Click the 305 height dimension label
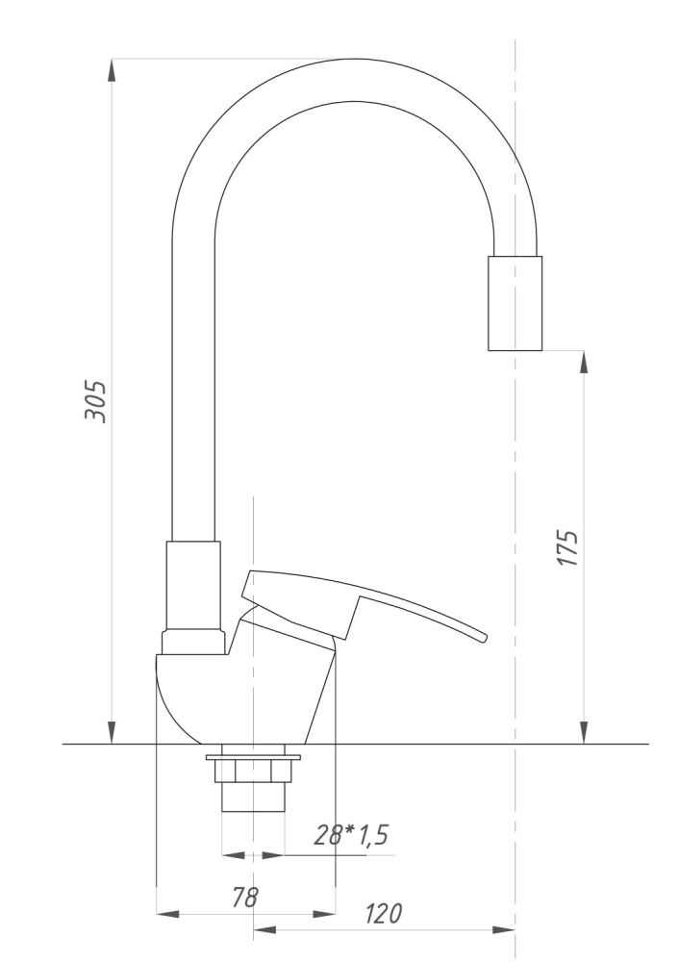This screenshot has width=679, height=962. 95,402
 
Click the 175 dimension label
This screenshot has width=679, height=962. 568,548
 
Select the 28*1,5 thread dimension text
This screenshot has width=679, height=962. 351,835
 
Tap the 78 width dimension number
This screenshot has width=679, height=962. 244,897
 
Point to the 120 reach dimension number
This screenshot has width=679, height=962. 384,914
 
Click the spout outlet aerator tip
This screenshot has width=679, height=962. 515,303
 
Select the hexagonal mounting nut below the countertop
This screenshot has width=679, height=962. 253,772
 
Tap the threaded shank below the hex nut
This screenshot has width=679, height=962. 253,797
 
